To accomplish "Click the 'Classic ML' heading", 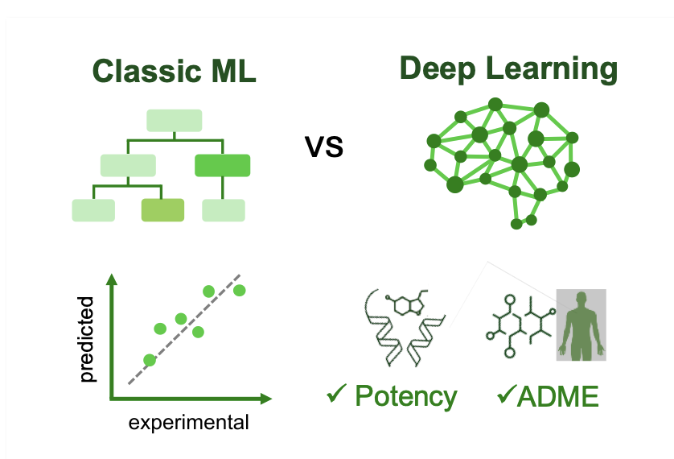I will (175, 72).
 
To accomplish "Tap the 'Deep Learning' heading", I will (508, 68).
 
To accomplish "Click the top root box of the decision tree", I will (174, 120).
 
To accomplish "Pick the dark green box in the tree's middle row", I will (222, 165).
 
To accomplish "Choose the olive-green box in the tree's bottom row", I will (163, 210).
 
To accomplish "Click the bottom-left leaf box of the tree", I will (93, 210).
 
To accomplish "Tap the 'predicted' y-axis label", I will (88, 338).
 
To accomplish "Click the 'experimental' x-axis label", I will (190, 422).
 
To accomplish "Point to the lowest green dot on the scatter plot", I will (149, 360).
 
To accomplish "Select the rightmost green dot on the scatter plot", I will (239, 290).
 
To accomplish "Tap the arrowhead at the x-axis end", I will (265, 398).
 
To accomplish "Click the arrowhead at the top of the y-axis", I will (112, 281).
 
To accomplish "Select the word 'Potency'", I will (406, 396).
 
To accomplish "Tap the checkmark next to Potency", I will (336, 395).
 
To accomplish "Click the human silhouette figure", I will (581, 325).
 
